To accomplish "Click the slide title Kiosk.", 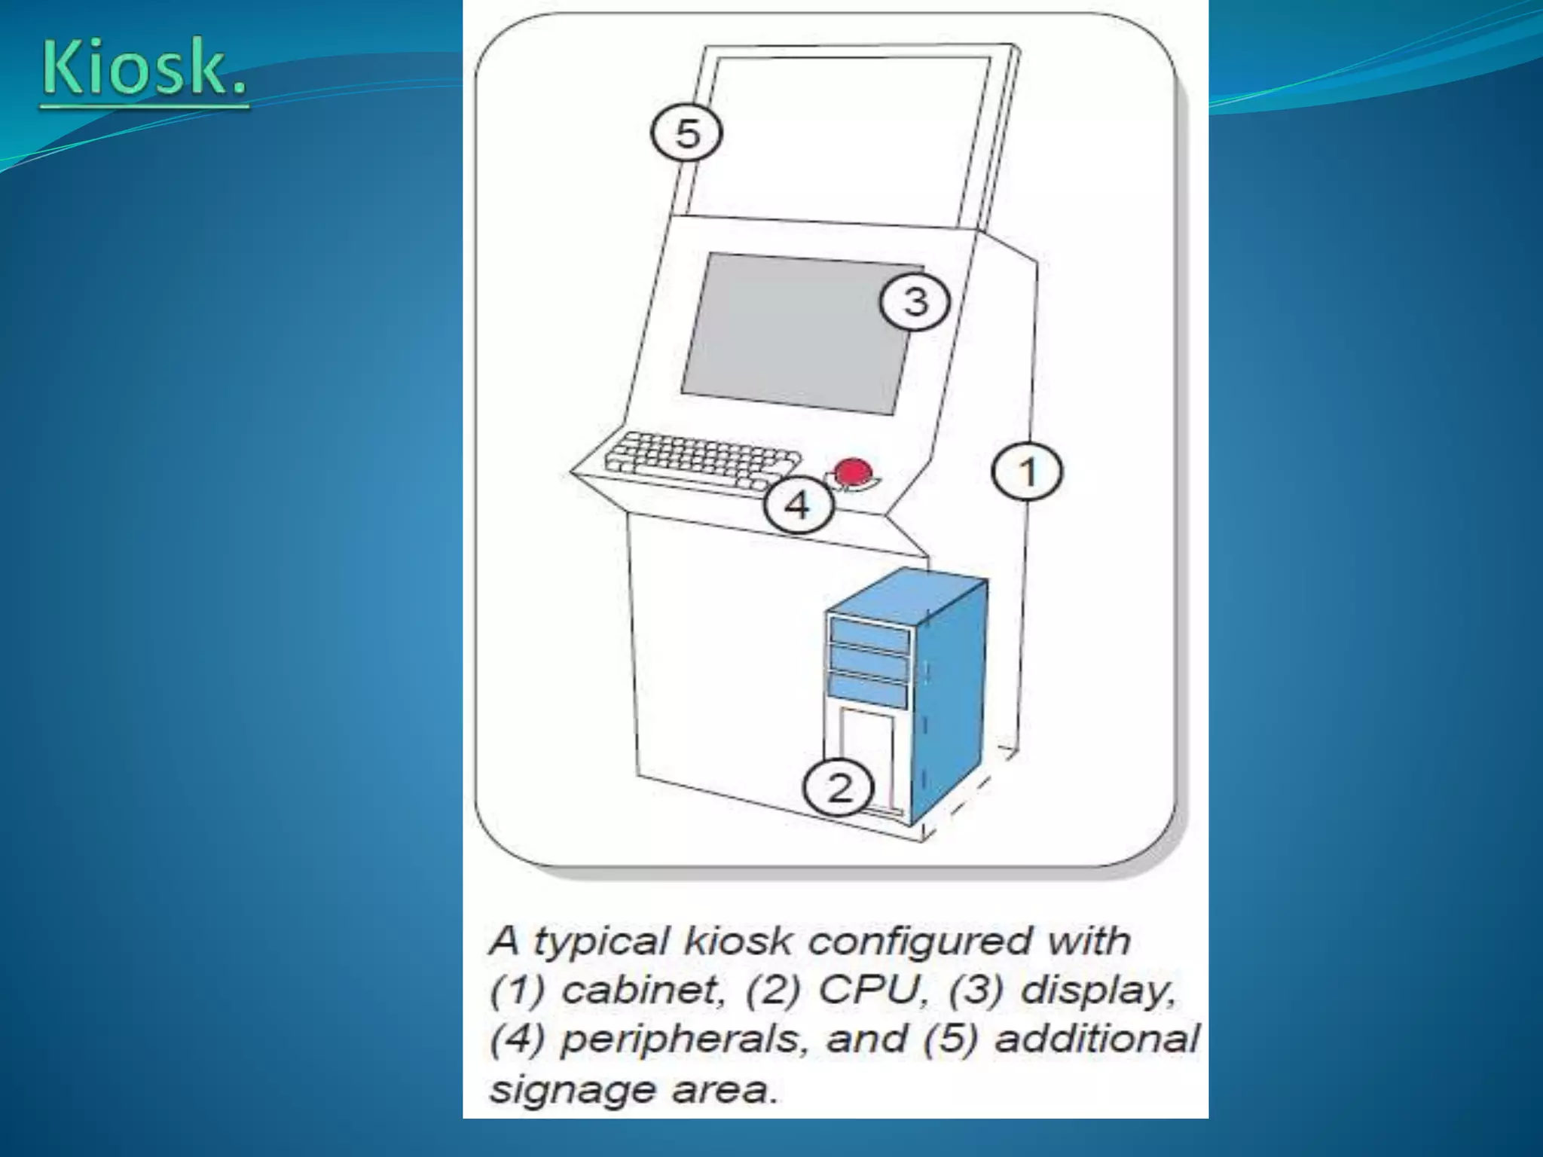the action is tap(143, 69).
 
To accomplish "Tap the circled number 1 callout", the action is tap(1027, 472).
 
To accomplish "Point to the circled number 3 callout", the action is tap(915, 302).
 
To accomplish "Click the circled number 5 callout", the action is tap(686, 133).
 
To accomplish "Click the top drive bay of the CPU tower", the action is tap(869, 633).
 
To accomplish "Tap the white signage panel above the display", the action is tap(844, 136).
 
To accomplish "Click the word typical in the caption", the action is tap(600, 942).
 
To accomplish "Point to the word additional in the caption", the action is tap(1097, 1039).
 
